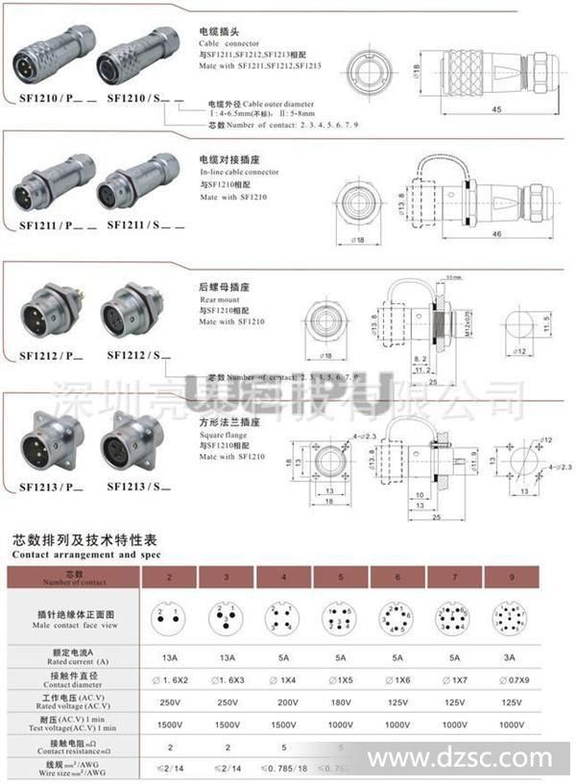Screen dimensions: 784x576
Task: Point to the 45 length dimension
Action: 496,109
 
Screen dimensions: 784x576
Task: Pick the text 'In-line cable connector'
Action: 239,172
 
